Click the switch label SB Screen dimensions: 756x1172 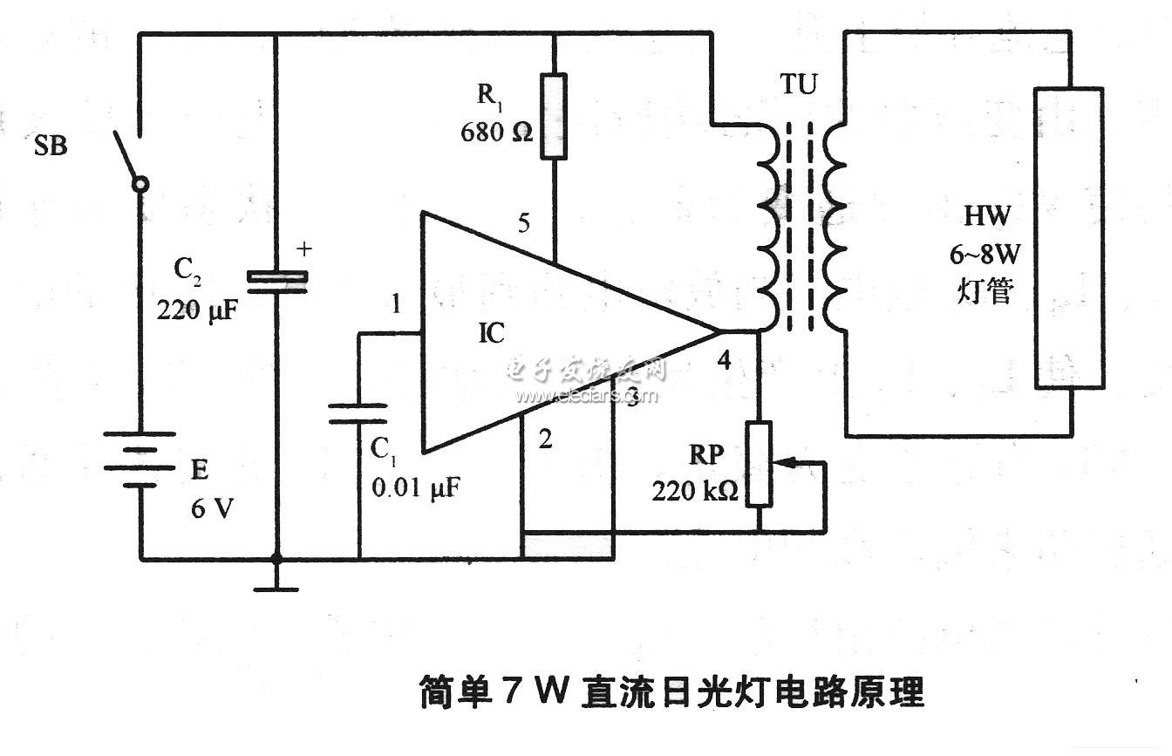[x=51, y=146]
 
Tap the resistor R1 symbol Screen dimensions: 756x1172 [x=553, y=116]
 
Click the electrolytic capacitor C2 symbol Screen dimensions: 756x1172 [x=276, y=280]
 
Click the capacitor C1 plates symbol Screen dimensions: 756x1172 [x=358, y=413]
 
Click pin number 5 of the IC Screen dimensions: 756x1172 [x=523, y=223]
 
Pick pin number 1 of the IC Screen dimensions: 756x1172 [x=397, y=304]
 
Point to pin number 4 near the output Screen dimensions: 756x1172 [x=723, y=359]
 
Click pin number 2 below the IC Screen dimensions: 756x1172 [x=545, y=439]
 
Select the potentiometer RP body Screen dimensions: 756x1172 [x=760, y=464]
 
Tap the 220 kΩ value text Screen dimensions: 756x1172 [x=694, y=491]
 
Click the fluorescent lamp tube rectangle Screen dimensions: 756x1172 [x=1068, y=237]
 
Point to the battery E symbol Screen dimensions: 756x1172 [x=140, y=458]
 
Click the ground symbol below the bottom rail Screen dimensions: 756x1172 [x=276, y=587]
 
